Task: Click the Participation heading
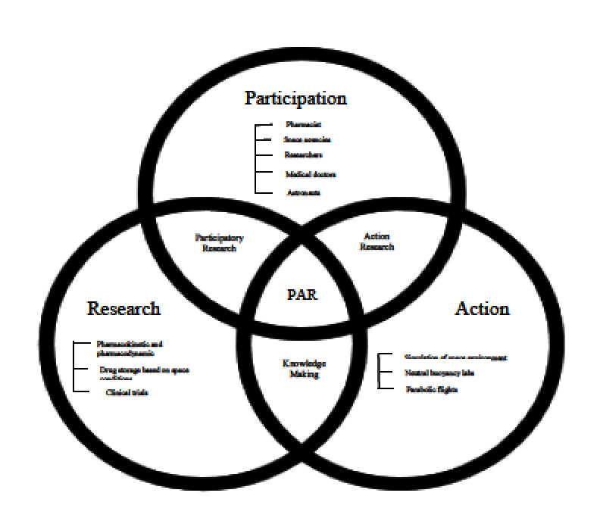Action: [x=295, y=98]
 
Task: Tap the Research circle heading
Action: [x=123, y=308]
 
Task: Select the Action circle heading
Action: [x=482, y=308]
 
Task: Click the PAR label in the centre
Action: [x=302, y=295]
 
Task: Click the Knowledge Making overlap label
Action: [x=302, y=369]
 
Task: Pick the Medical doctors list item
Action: [x=311, y=174]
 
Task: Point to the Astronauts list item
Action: [x=303, y=192]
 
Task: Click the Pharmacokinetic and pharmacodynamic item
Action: [x=130, y=348]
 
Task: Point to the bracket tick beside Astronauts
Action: [x=264, y=192]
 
